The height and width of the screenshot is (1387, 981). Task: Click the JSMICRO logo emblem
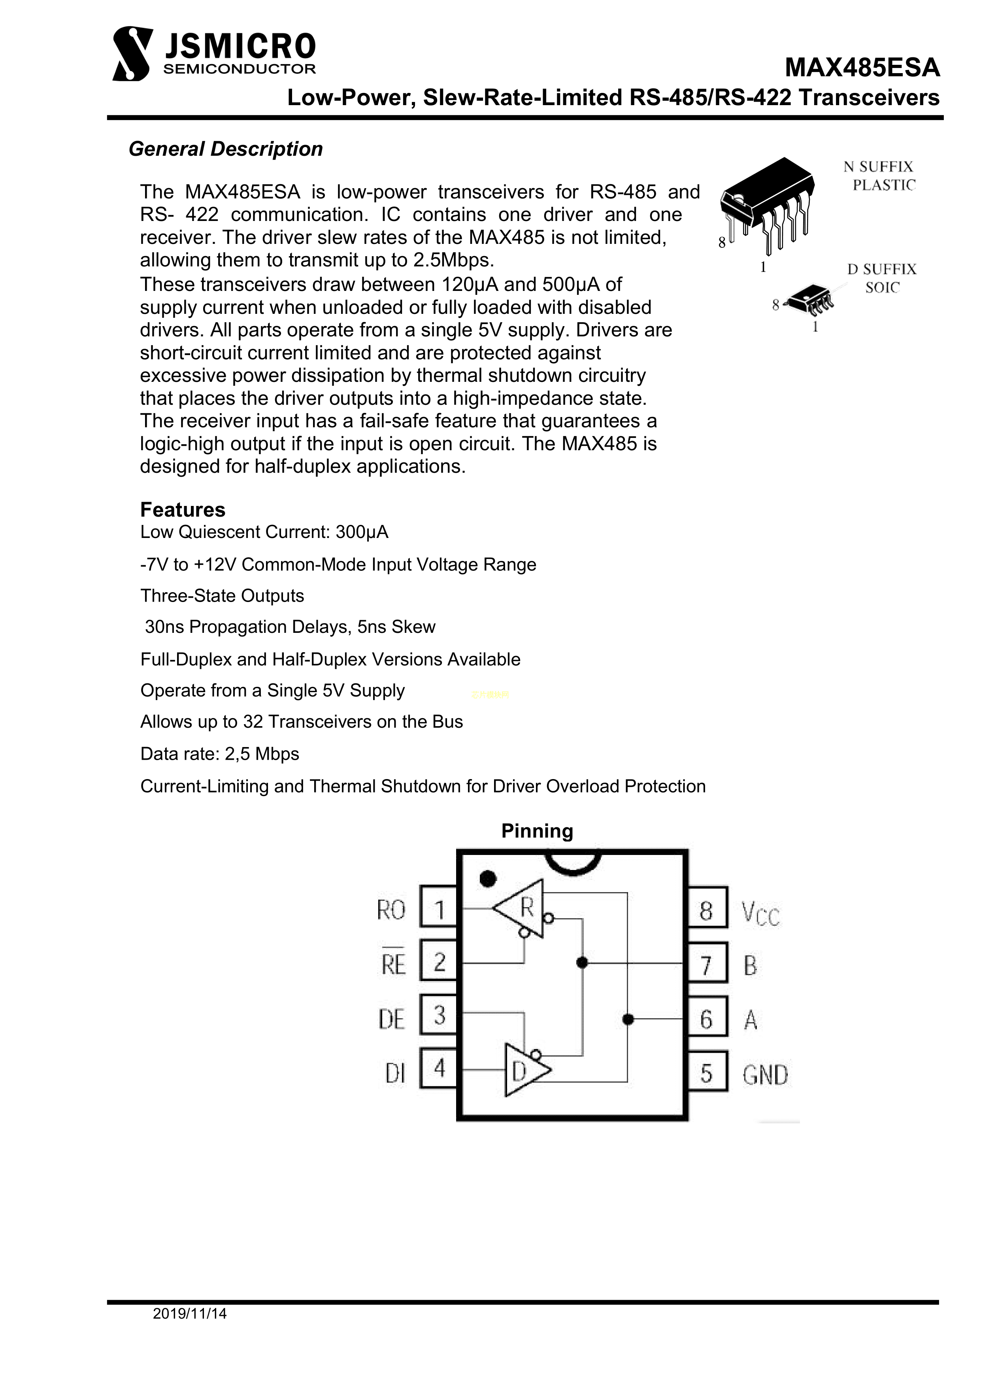[x=132, y=53]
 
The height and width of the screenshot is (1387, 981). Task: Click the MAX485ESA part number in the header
[x=862, y=68]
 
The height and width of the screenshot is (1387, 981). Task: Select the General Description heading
[x=225, y=149]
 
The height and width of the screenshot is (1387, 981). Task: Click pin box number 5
[x=706, y=1074]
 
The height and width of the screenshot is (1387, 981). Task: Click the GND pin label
[x=765, y=1075]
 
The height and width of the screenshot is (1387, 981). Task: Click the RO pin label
[x=391, y=910]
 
